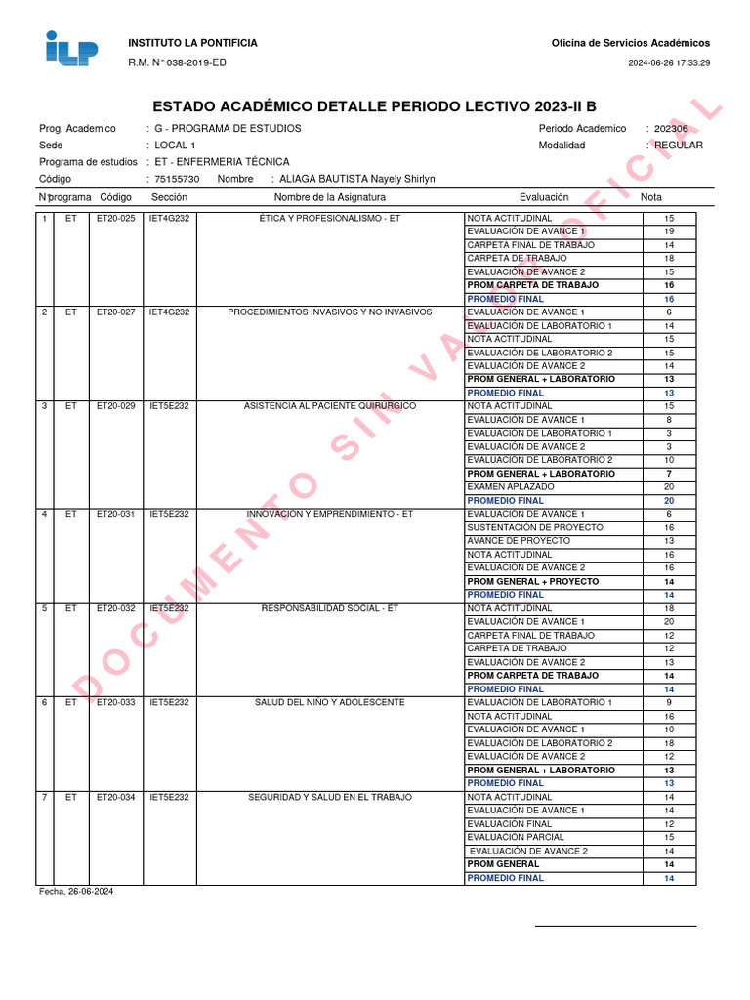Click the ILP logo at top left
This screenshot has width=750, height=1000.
point(72,49)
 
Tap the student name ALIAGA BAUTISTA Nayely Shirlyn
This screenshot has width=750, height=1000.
point(357,179)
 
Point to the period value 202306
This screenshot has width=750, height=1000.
point(671,129)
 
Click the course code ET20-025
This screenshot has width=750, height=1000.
point(115,218)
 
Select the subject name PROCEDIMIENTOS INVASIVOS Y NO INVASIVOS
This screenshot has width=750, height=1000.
point(329,312)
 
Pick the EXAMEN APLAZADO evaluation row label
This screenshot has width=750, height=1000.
point(511,486)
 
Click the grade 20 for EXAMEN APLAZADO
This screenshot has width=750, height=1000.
point(669,486)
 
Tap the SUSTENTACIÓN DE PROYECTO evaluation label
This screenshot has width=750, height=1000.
point(535,527)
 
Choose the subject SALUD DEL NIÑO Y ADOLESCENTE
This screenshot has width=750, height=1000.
point(329,702)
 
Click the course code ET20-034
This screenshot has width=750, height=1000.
point(115,797)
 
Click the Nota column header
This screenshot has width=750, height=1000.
point(651,197)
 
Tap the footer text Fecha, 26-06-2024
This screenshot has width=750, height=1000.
point(76,892)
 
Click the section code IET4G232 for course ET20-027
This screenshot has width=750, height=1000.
point(169,312)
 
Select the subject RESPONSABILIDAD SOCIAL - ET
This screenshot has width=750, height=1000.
point(329,608)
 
